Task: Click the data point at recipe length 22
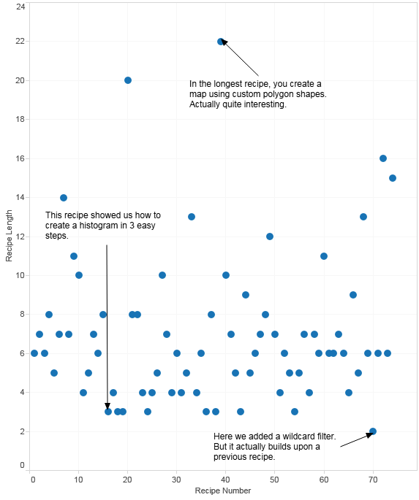(x=221, y=42)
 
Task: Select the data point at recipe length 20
(x=128, y=80)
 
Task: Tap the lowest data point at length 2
(x=373, y=431)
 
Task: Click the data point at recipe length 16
(x=383, y=158)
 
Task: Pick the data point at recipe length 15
(x=393, y=178)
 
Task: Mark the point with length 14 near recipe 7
(x=64, y=198)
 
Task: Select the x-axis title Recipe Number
(x=223, y=491)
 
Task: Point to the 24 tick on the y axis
(x=20, y=7)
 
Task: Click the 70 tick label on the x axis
(x=373, y=480)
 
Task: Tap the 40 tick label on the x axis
(x=225, y=480)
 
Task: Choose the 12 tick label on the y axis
(x=20, y=236)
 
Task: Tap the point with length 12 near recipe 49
(x=270, y=236)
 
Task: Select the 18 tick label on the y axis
(x=20, y=119)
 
